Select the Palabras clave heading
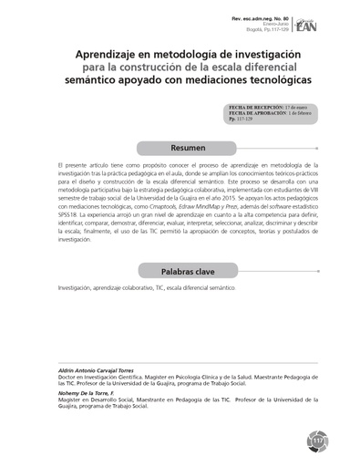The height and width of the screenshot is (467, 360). click(x=186, y=271)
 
